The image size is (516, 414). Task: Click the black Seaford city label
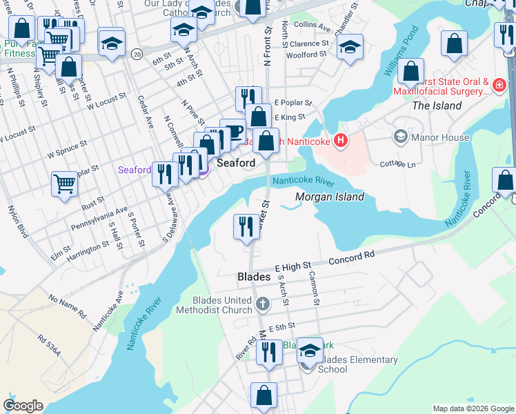(237, 163)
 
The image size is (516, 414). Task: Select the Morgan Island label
(330, 197)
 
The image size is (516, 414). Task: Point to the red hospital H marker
(339, 142)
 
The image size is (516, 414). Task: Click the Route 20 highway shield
(137, 53)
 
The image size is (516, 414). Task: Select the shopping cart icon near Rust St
(64, 184)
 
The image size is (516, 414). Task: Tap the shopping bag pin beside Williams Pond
(410, 71)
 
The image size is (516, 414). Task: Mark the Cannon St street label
(315, 288)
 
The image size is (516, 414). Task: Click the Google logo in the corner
(23, 406)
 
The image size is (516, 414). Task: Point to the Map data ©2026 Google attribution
(473, 408)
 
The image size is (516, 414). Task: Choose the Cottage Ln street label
(397, 164)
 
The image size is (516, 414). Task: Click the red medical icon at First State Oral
(499, 86)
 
